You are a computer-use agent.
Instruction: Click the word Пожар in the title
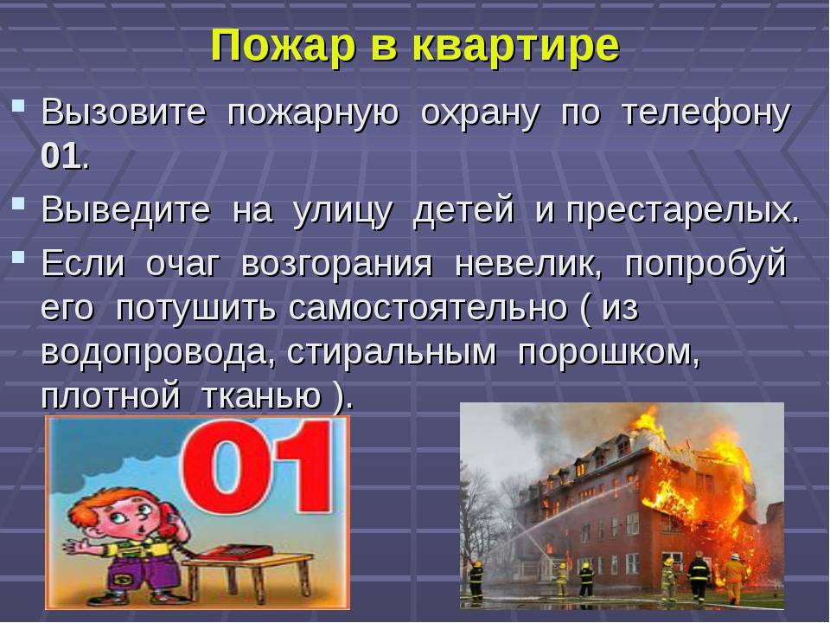pos(284,46)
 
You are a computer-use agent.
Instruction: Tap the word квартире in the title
pos(515,48)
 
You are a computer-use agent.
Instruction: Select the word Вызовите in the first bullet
pos(124,112)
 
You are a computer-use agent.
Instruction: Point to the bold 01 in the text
pos(61,157)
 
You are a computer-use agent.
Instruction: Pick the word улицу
pos(343,210)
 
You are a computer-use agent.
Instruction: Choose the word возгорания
pos(337,264)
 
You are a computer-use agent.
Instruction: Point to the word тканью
pos(262,395)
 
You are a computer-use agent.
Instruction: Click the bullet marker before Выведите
pos(18,202)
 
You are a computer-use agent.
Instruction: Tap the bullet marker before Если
pos(18,257)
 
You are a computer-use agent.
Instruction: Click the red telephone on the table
pos(234,551)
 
